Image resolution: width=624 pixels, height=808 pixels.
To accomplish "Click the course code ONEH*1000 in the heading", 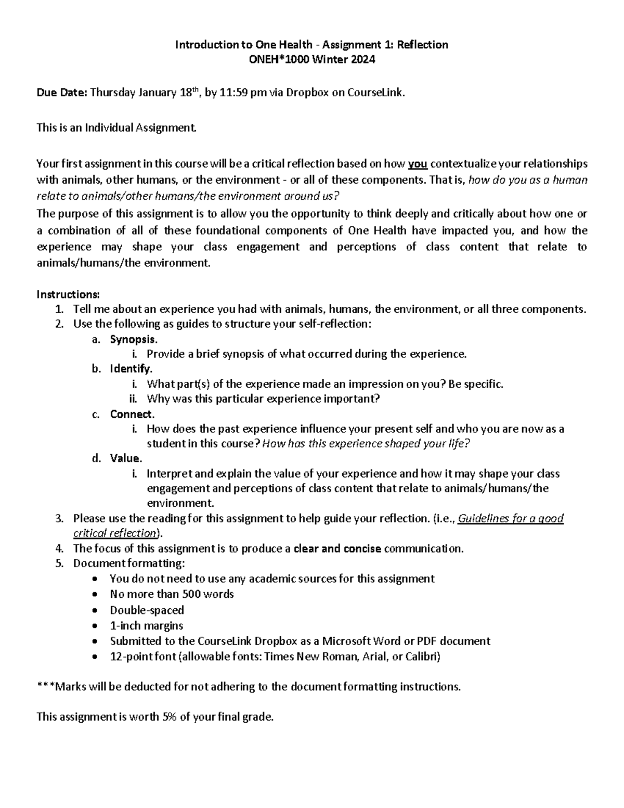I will pos(277,59).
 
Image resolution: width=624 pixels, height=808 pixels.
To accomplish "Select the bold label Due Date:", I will pos(62,93).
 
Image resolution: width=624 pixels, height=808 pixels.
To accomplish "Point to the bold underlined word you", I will pos(418,164).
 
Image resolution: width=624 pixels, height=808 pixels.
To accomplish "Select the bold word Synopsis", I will pos(133,339).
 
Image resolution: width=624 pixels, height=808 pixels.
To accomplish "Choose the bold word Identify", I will pos(130,369).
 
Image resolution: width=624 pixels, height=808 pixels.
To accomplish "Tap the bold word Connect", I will pos(131,414).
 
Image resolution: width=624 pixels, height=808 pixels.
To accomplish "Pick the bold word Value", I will pos(125,458).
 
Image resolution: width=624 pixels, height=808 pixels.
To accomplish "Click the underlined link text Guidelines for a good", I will pos(510,518).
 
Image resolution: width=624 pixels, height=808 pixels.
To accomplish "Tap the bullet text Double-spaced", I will pos(147,610).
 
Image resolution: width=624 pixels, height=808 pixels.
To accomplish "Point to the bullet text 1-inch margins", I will pos(146,625).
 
